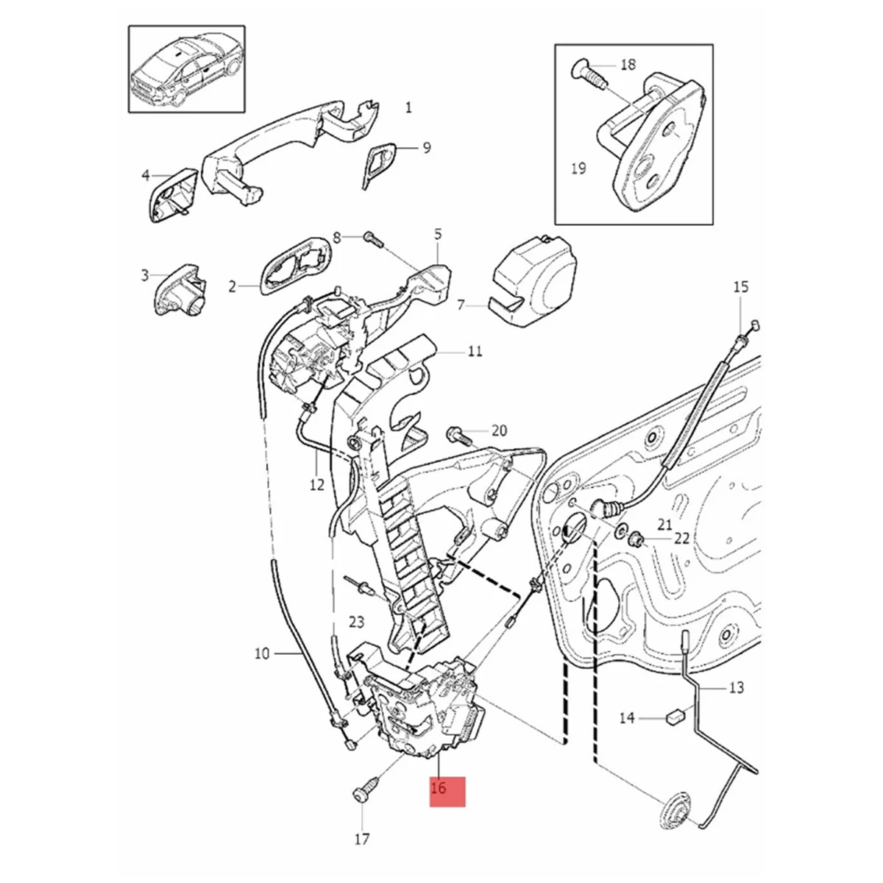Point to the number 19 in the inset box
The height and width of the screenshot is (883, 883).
pos(578,169)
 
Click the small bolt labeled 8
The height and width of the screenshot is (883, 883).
pos(371,238)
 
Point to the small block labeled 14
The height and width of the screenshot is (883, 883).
pos(675,714)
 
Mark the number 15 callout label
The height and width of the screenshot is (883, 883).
pos(740,286)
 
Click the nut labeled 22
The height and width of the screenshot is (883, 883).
pos(638,542)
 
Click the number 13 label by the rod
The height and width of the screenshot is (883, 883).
pos(736,687)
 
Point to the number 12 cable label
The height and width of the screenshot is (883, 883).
pos(316,485)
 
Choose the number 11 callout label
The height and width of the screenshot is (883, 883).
pos(475,351)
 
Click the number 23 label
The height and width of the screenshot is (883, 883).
pos(356,623)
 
